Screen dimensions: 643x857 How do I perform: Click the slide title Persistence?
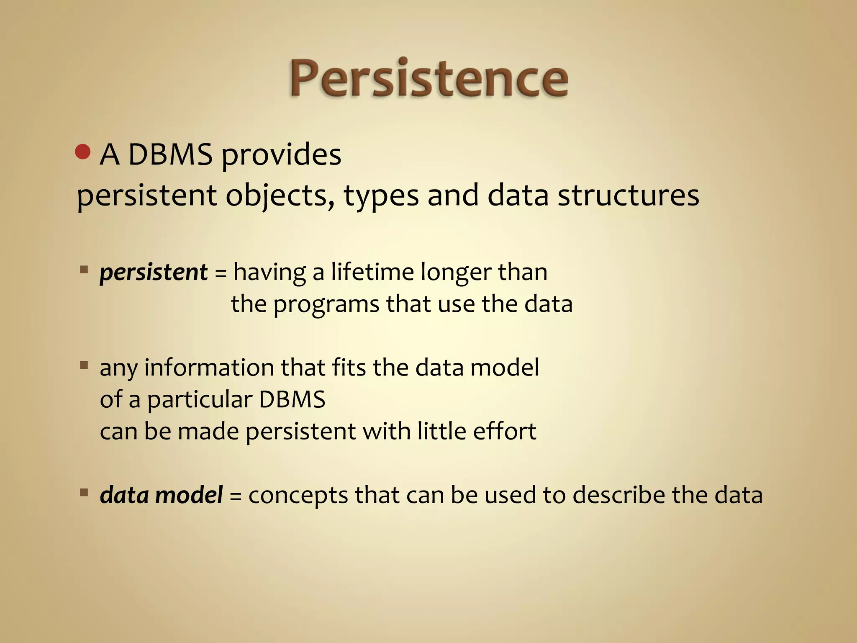tap(428, 79)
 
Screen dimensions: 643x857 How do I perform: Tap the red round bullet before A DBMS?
tap(83, 152)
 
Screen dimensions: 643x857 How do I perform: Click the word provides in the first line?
tap(281, 156)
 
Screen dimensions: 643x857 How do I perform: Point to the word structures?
tap(628, 196)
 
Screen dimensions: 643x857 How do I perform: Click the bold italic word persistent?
tap(153, 273)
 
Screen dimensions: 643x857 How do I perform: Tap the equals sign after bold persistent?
tap(221, 274)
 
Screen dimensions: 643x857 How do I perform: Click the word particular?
tap(199, 400)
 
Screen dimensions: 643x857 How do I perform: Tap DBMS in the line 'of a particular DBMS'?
tap(292, 399)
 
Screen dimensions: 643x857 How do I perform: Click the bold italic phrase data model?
tap(161, 495)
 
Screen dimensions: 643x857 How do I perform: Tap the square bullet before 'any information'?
tap(84, 365)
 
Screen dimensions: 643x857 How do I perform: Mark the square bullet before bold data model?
tap(84, 492)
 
